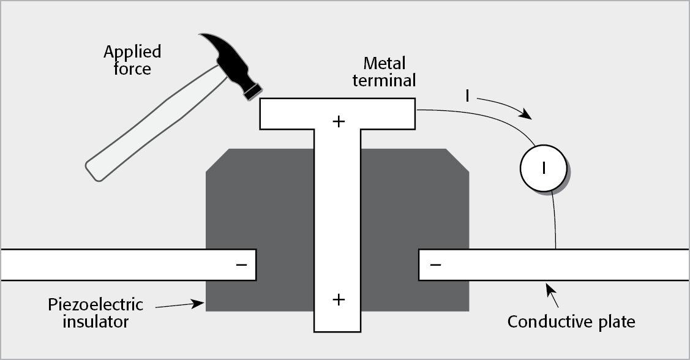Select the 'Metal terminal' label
click(x=384, y=72)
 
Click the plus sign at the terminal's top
click(x=338, y=121)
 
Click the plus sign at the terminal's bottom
click(x=338, y=299)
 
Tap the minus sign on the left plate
click(x=242, y=264)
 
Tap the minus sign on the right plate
click(x=435, y=264)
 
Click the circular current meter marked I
click(x=543, y=167)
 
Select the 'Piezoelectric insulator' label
click(x=96, y=312)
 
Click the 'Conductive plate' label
click(x=571, y=321)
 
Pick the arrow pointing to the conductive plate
click(x=551, y=294)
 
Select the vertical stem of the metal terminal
click(x=337, y=214)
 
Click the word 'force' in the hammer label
click(x=132, y=69)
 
